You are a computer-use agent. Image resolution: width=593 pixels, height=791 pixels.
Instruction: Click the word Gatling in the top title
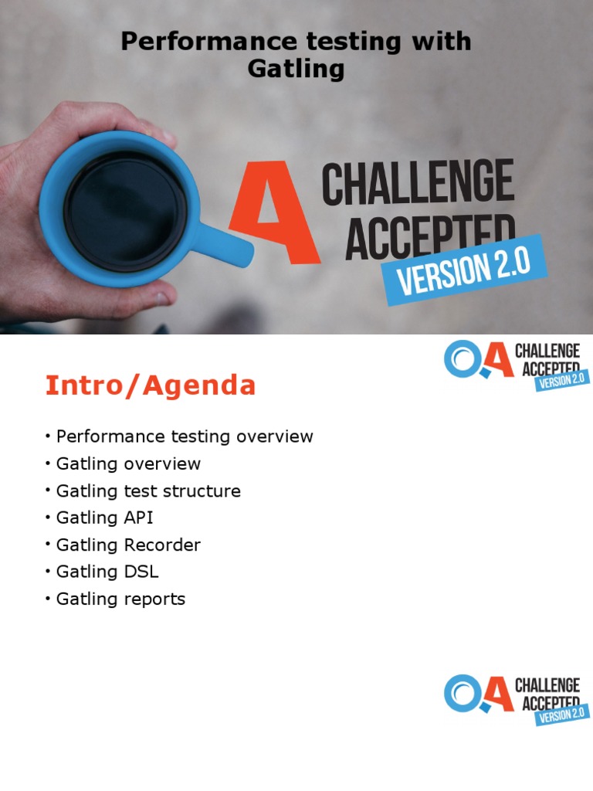[295, 70]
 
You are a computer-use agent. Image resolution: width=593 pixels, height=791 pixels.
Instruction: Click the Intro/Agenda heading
[150, 385]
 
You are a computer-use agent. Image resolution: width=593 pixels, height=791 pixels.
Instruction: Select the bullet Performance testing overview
[185, 436]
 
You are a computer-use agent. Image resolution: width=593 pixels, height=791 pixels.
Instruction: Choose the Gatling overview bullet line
[128, 463]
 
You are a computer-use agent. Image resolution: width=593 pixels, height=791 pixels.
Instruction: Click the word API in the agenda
[138, 518]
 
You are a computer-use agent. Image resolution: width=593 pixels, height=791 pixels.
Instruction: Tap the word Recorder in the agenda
[161, 545]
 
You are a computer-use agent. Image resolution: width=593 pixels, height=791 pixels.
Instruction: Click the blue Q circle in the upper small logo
[462, 359]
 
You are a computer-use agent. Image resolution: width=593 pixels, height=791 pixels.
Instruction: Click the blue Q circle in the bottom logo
[462, 693]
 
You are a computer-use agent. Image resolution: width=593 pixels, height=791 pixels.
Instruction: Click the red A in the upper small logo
[498, 361]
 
